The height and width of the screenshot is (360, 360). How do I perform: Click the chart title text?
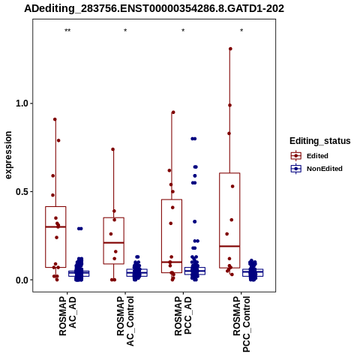click(154, 9)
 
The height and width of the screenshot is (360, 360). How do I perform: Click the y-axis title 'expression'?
click(8, 155)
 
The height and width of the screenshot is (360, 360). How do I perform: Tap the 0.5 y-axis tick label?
click(22, 191)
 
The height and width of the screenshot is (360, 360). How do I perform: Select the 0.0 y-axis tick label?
click(22, 280)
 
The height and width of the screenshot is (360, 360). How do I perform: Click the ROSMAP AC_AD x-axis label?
click(67, 316)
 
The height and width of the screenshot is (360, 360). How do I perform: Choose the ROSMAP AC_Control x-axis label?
click(125, 321)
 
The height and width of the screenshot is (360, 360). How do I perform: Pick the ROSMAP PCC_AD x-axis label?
click(183, 316)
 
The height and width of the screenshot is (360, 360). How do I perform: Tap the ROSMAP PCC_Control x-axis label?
click(241, 324)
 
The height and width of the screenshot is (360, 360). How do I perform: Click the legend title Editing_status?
click(320, 141)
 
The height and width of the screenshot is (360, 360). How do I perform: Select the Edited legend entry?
click(310, 156)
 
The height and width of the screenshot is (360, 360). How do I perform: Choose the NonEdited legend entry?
click(316, 169)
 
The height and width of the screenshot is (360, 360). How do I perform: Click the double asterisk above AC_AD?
click(67, 31)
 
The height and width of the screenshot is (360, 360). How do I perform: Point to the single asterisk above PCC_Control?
click(241, 31)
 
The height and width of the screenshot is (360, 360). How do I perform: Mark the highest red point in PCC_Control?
click(230, 49)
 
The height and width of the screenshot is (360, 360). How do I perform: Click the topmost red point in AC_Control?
click(113, 149)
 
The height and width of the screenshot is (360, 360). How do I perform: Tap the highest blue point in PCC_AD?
click(193, 139)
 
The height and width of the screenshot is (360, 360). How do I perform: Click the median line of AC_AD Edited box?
click(55, 226)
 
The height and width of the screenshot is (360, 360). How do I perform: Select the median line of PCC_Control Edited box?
click(229, 246)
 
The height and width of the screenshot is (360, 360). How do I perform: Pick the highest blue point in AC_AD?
click(80, 229)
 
